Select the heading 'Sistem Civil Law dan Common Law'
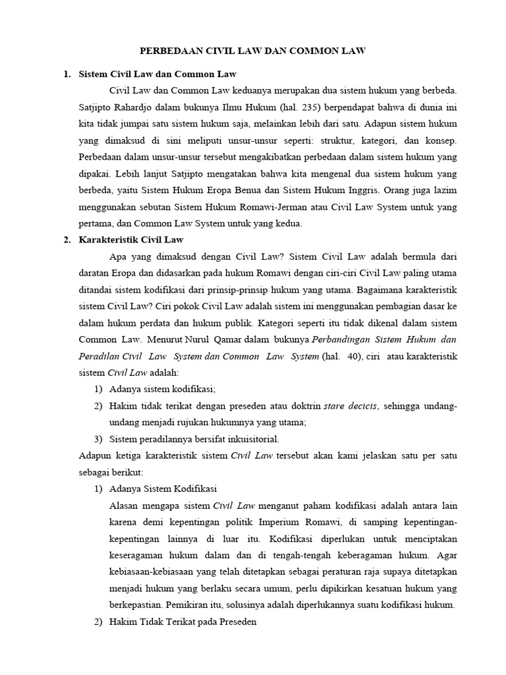coord(157,74)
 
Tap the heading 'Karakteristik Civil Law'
coord(130,239)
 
